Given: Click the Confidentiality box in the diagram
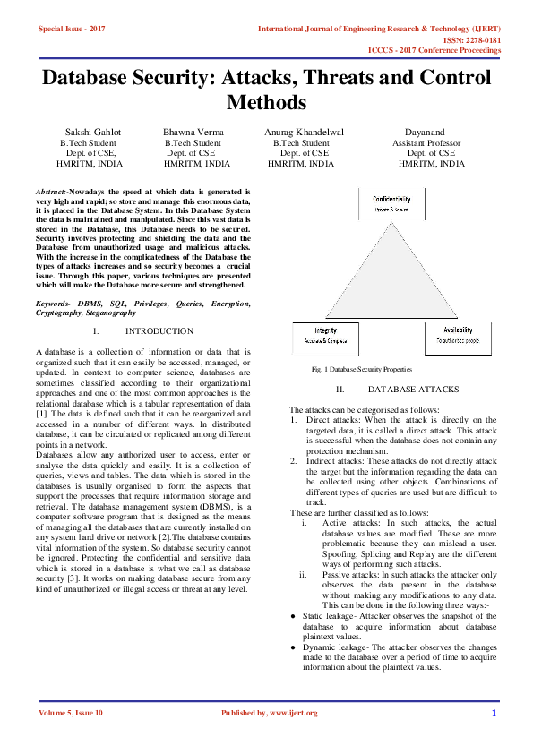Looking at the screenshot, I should pos(391,203).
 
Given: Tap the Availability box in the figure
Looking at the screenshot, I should pos(458,335).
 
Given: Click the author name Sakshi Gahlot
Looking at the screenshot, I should pos(93,132).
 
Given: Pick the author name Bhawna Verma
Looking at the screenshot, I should pos(193,132).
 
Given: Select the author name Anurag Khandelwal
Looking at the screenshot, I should pos(304,132).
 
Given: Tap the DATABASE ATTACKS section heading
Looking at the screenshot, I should pos(413,390).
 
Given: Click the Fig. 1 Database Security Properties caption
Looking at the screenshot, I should pos(361,369).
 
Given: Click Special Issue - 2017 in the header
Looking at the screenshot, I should pos(72,29).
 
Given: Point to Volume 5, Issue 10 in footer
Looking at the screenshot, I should pos(71,713).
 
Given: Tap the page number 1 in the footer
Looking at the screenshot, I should pos(494,713).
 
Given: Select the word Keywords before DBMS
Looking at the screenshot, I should pos(55,304).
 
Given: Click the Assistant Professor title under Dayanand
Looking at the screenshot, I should pos(426,143).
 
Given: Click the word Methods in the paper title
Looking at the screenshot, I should pos(266,102).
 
